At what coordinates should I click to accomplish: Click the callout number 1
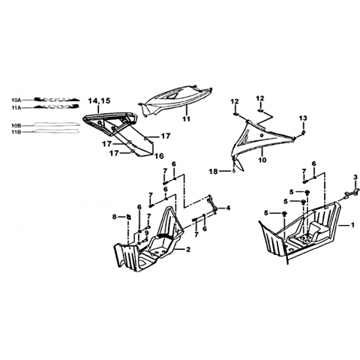tap(352, 225)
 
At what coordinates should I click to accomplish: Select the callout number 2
tap(187, 249)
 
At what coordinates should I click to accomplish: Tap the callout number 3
tap(355, 177)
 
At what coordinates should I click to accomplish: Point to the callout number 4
tap(228, 208)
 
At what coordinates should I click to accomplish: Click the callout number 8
tap(115, 217)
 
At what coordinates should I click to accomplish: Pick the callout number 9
tap(147, 232)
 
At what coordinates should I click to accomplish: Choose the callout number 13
tap(303, 118)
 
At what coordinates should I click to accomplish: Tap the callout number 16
tap(159, 156)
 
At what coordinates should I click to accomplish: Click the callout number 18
tap(213, 172)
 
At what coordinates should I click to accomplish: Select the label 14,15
tap(99, 101)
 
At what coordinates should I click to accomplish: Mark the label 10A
tap(16, 100)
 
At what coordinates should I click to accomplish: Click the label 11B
tap(16, 132)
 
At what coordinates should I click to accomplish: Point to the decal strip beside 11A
tap(57, 107)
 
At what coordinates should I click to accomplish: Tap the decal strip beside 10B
tap(57, 124)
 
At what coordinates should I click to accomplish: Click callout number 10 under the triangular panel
tap(262, 159)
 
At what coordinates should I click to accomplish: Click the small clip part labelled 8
tap(128, 217)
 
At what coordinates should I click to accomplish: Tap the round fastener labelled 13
tap(303, 132)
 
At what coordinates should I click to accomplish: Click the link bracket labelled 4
tap(212, 204)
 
